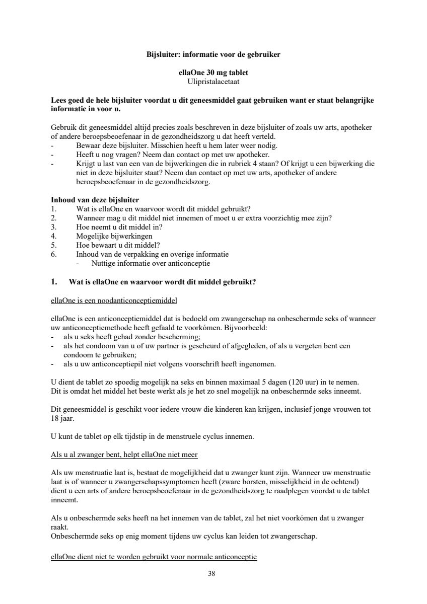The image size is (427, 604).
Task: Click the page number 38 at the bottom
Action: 211,573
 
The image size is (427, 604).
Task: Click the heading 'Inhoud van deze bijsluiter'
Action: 95,200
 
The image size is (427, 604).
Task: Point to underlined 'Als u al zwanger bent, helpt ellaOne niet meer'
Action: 124,455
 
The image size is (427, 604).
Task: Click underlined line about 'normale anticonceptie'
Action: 154,557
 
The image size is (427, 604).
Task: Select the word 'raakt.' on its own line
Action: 59,527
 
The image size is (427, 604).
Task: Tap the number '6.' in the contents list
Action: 54,254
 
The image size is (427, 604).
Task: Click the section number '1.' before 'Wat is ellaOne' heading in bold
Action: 54,282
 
